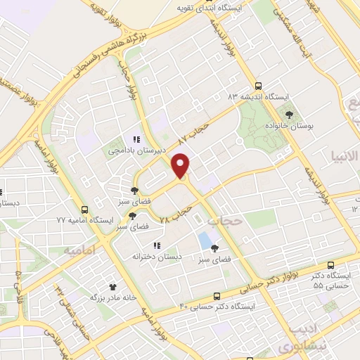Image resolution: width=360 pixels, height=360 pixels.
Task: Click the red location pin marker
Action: coord(181,165)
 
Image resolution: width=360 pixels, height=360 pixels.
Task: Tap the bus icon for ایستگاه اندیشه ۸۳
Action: coord(258,84)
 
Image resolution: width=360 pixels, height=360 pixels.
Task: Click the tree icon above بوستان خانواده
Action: coord(288,112)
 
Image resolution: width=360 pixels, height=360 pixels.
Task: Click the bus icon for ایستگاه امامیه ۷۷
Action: coord(85,210)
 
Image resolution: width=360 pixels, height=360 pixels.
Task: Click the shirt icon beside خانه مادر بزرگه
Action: coord(112,286)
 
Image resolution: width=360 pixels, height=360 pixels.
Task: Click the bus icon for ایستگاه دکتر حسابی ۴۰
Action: coord(217,296)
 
